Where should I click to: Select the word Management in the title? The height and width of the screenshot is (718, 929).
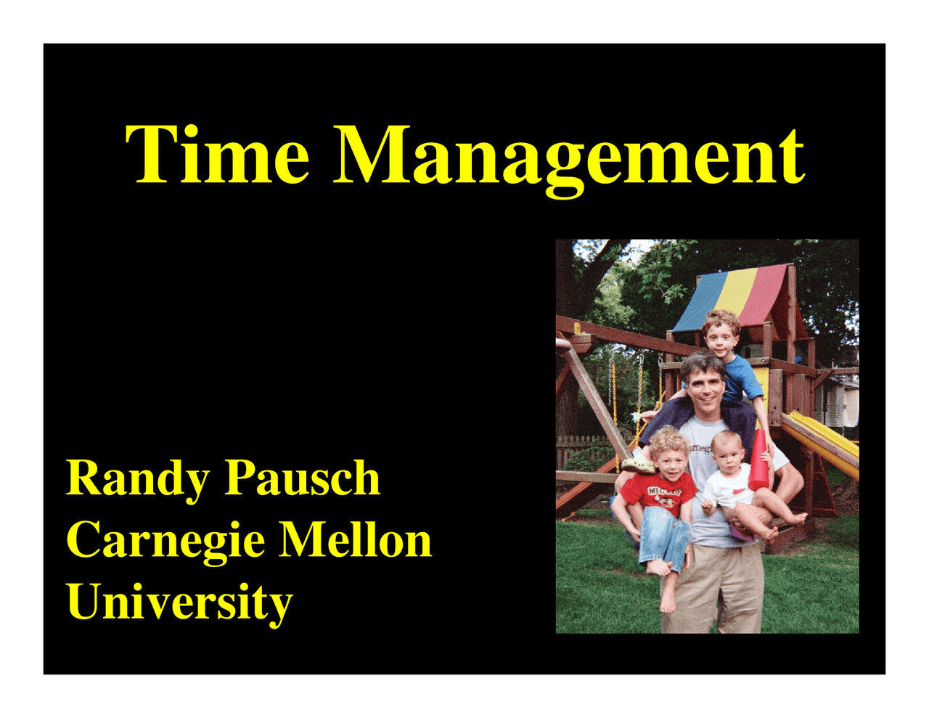click(x=571, y=155)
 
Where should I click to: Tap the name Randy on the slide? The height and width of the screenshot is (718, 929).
click(x=138, y=479)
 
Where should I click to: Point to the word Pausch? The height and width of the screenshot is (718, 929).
click(x=302, y=479)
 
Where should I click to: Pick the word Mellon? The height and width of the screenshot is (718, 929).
click(x=356, y=541)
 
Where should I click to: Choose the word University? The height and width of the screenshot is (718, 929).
click(x=179, y=603)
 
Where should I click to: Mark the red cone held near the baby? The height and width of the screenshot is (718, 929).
click(x=758, y=461)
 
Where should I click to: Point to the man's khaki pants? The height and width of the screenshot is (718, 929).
click(x=715, y=588)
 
